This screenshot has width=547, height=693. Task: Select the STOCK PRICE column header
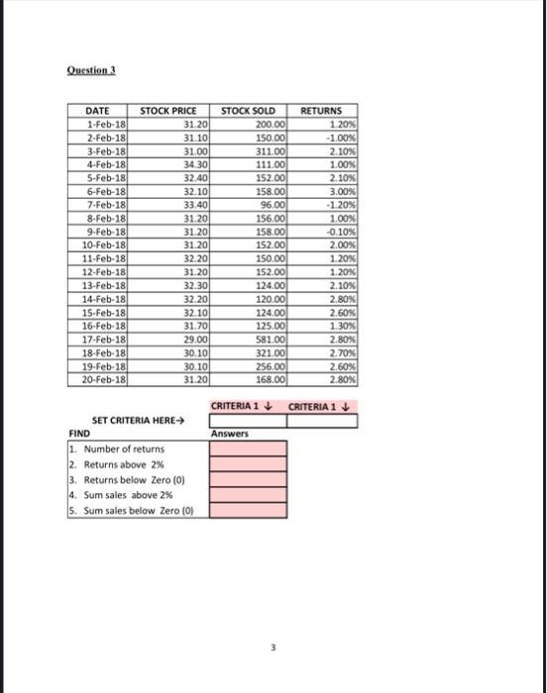point(168,111)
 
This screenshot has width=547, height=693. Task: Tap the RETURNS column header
point(321,111)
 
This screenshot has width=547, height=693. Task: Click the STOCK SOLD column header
point(248,111)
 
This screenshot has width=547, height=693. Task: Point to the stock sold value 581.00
point(268,338)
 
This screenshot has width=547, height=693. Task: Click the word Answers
point(229,434)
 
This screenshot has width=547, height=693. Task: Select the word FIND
point(79,434)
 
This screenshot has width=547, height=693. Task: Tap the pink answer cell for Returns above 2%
point(248,463)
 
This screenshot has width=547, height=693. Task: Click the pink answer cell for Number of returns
point(248,448)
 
